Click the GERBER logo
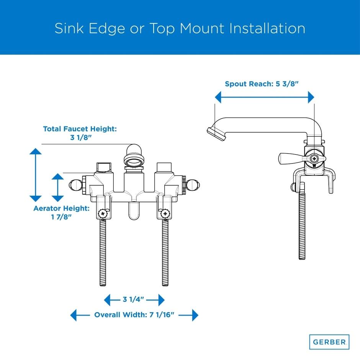tap(329, 341)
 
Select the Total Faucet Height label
tap(80, 129)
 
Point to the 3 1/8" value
tap(80, 138)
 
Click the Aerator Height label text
tap(61, 208)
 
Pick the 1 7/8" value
tap(61, 217)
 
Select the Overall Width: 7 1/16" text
tap(134, 315)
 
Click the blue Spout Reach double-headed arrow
tap(264, 98)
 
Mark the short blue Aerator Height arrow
tap(57, 187)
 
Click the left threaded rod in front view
tap(103, 253)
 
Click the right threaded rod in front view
tap(165, 253)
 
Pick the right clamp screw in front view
tap(165, 213)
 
